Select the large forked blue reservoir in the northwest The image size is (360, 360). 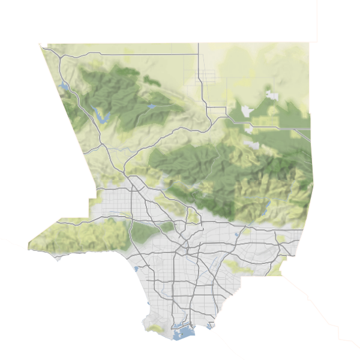point(102,116)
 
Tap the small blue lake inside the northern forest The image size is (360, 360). point(151,107)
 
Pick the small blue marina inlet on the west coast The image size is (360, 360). point(137,268)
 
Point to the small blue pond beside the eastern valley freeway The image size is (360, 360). point(238,233)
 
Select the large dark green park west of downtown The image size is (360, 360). point(143,230)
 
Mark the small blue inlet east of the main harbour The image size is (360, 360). point(210,326)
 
